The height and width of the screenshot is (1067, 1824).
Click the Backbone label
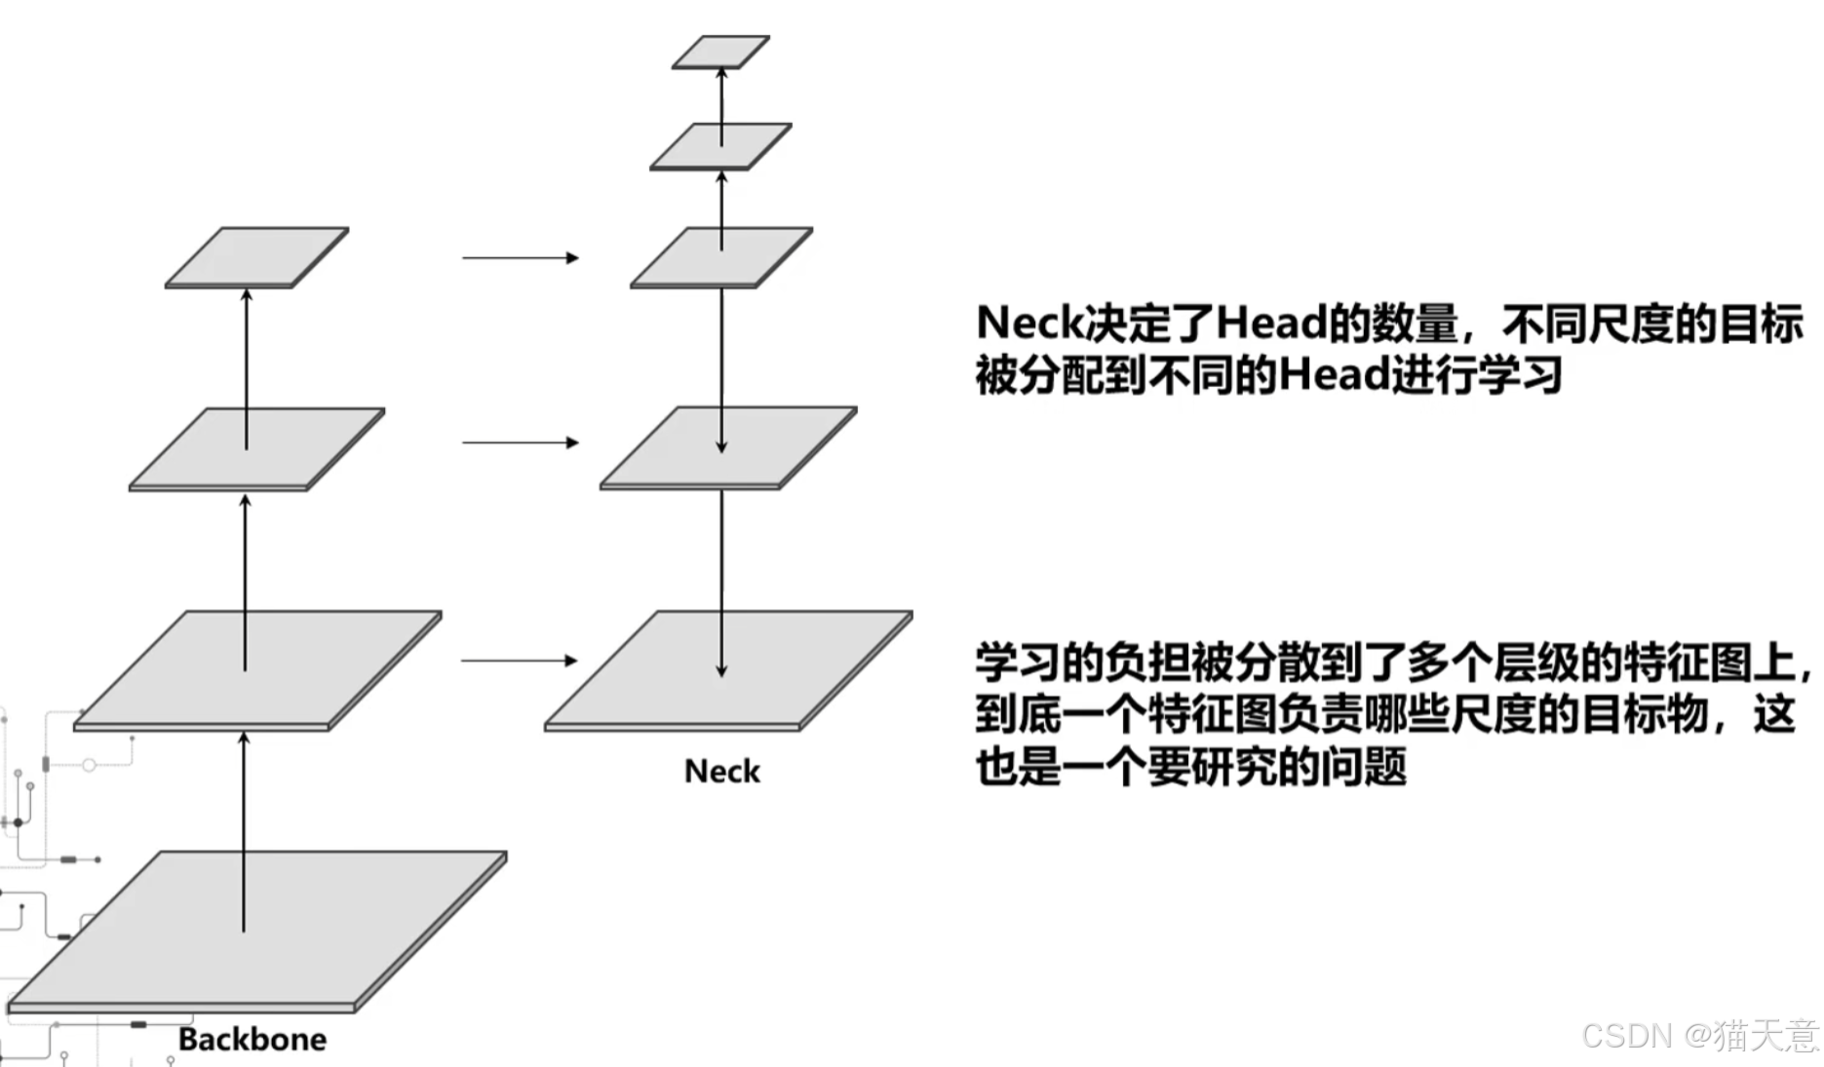click(x=252, y=1039)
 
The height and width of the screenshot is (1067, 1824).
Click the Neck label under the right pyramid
click(x=721, y=771)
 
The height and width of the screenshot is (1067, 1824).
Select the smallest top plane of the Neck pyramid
click(x=720, y=52)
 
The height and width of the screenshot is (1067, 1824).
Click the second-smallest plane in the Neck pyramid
click(x=720, y=145)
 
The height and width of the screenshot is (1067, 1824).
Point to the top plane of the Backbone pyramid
click(x=257, y=256)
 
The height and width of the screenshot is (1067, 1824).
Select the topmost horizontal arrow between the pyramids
click(x=520, y=258)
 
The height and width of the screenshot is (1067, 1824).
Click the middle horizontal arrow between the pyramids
click(x=520, y=442)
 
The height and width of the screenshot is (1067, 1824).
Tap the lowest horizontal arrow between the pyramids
click(x=519, y=661)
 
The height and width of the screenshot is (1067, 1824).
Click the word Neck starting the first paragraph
click(x=1029, y=323)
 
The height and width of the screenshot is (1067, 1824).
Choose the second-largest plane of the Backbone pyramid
click(x=257, y=670)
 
